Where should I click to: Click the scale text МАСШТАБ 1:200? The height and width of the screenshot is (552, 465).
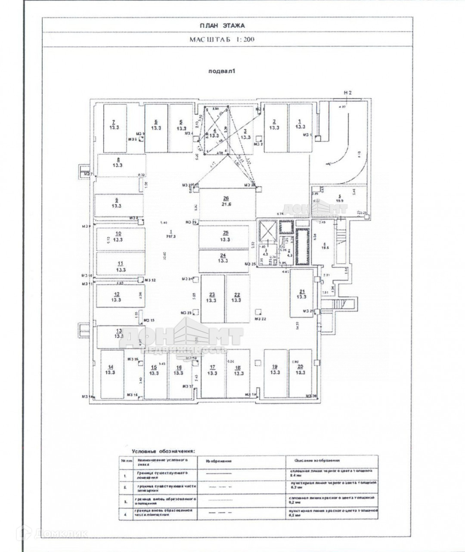coord(222,39)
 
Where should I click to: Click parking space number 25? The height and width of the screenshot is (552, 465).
coord(223,236)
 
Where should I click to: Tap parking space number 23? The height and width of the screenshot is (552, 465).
coord(212,298)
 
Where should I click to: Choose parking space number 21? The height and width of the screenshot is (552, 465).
coord(303,293)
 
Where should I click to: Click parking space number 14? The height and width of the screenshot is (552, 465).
coord(111,370)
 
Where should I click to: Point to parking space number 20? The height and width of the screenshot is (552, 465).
coord(301,369)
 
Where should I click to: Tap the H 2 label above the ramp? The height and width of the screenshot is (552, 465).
coord(348,93)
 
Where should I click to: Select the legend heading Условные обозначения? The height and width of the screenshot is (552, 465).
coord(163,451)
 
